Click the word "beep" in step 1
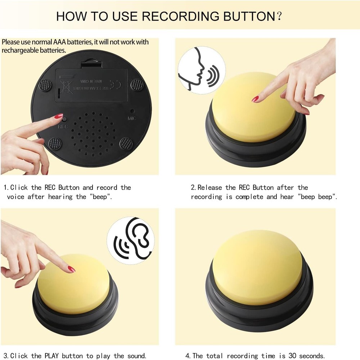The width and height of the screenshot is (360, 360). [x=101, y=197]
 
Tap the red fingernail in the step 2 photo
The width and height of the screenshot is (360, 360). [x=255, y=99]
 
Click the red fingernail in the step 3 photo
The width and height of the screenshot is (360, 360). [x=71, y=269]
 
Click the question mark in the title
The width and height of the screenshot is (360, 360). [x=278, y=16]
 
